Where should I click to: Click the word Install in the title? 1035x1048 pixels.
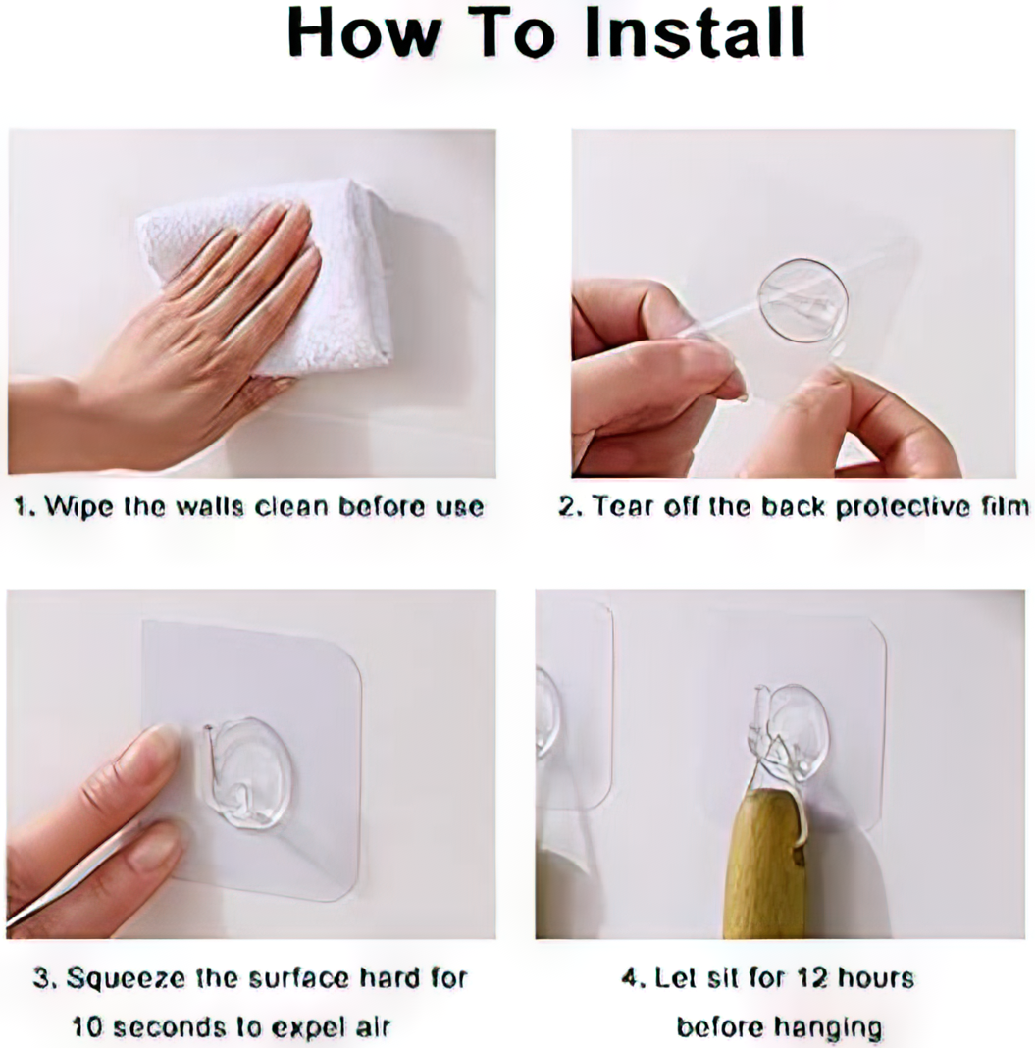click(695, 32)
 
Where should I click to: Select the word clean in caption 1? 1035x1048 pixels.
click(292, 506)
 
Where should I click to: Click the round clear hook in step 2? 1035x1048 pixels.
click(803, 300)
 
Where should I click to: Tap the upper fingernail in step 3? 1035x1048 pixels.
click(157, 749)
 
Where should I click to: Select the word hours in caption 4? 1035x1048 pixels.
click(876, 978)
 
